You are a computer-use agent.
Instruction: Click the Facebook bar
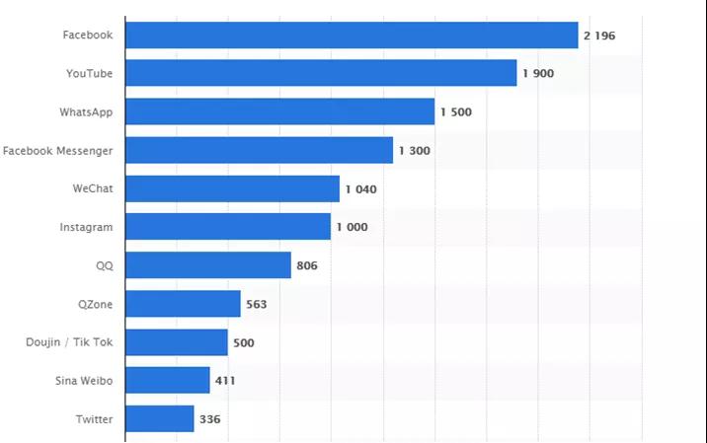pyautogui.click(x=352, y=36)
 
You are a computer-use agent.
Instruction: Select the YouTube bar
pyautogui.click(x=321, y=73)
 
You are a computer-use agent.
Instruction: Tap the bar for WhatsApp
pyautogui.click(x=280, y=111)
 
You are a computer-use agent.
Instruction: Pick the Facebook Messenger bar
pyautogui.click(x=260, y=150)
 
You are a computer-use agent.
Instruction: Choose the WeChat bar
pyautogui.click(x=233, y=188)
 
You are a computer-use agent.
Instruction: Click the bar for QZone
pyautogui.click(x=184, y=304)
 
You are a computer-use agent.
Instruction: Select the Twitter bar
pyautogui.click(x=160, y=419)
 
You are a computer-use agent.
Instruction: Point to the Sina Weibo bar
pyautogui.click(x=168, y=381)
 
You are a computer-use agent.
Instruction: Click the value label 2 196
pyautogui.click(x=599, y=36)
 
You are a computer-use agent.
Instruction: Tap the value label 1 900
pyautogui.click(x=537, y=74)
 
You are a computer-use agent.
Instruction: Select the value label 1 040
pyautogui.click(x=360, y=189)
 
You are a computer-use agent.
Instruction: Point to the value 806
pyautogui.click(x=307, y=266)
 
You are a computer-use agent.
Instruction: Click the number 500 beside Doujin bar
pyautogui.click(x=244, y=342)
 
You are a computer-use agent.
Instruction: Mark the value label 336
pyautogui.click(x=209, y=419)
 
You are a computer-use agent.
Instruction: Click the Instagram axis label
pyautogui.click(x=86, y=227)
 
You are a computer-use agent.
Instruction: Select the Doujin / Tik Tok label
pyautogui.click(x=69, y=342)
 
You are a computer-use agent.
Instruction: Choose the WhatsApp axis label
pyautogui.click(x=86, y=111)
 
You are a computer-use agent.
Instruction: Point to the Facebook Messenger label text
pyautogui.click(x=57, y=150)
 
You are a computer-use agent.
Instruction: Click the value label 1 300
pyautogui.click(x=414, y=151)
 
